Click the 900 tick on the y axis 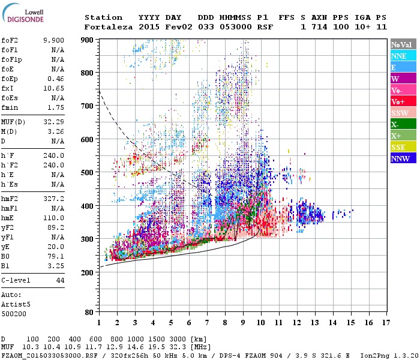88,40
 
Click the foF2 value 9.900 53,40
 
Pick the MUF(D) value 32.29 53,122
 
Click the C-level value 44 60,280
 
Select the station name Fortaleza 109,27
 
